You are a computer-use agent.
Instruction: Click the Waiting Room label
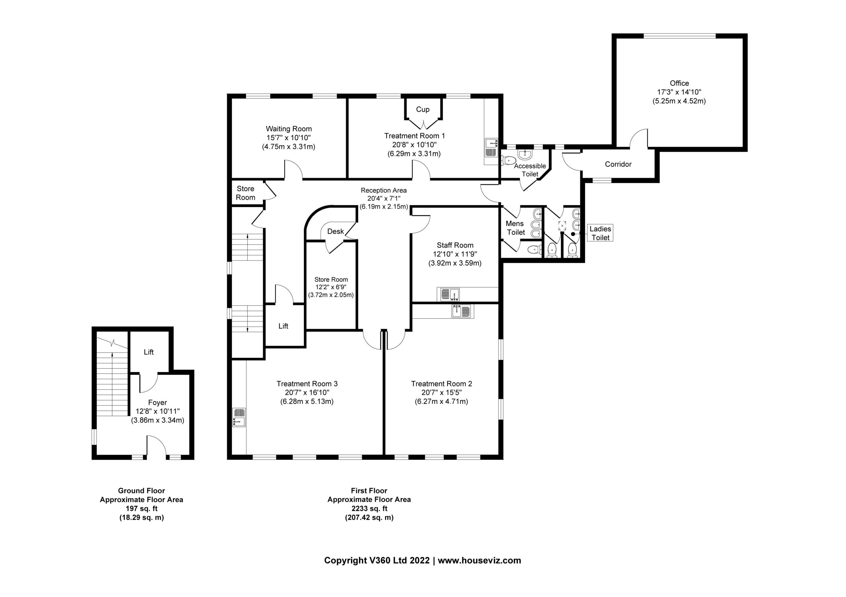[x=288, y=129]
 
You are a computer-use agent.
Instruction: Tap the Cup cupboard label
[x=423, y=109]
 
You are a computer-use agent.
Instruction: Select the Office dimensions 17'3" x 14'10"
[x=679, y=92]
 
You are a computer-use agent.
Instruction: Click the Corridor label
[x=618, y=164]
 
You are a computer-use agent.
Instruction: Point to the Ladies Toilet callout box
[x=600, y=233]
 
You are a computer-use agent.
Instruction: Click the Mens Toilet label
[x=515, y=228]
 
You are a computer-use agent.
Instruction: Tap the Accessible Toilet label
[x=530, y=170]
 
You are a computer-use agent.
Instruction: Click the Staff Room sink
[x=449, y=294]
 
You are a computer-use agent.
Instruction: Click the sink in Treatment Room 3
[x=239, y=417]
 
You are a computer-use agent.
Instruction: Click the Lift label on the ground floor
[x=148, y=352]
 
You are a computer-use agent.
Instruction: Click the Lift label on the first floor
[x=283, y=326]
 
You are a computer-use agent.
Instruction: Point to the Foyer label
[x=157, y=403]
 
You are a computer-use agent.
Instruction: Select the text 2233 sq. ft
[x=369, y=509]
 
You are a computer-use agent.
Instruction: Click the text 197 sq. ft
[x=141, y=509]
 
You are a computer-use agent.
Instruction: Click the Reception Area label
[x=384, y=190]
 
